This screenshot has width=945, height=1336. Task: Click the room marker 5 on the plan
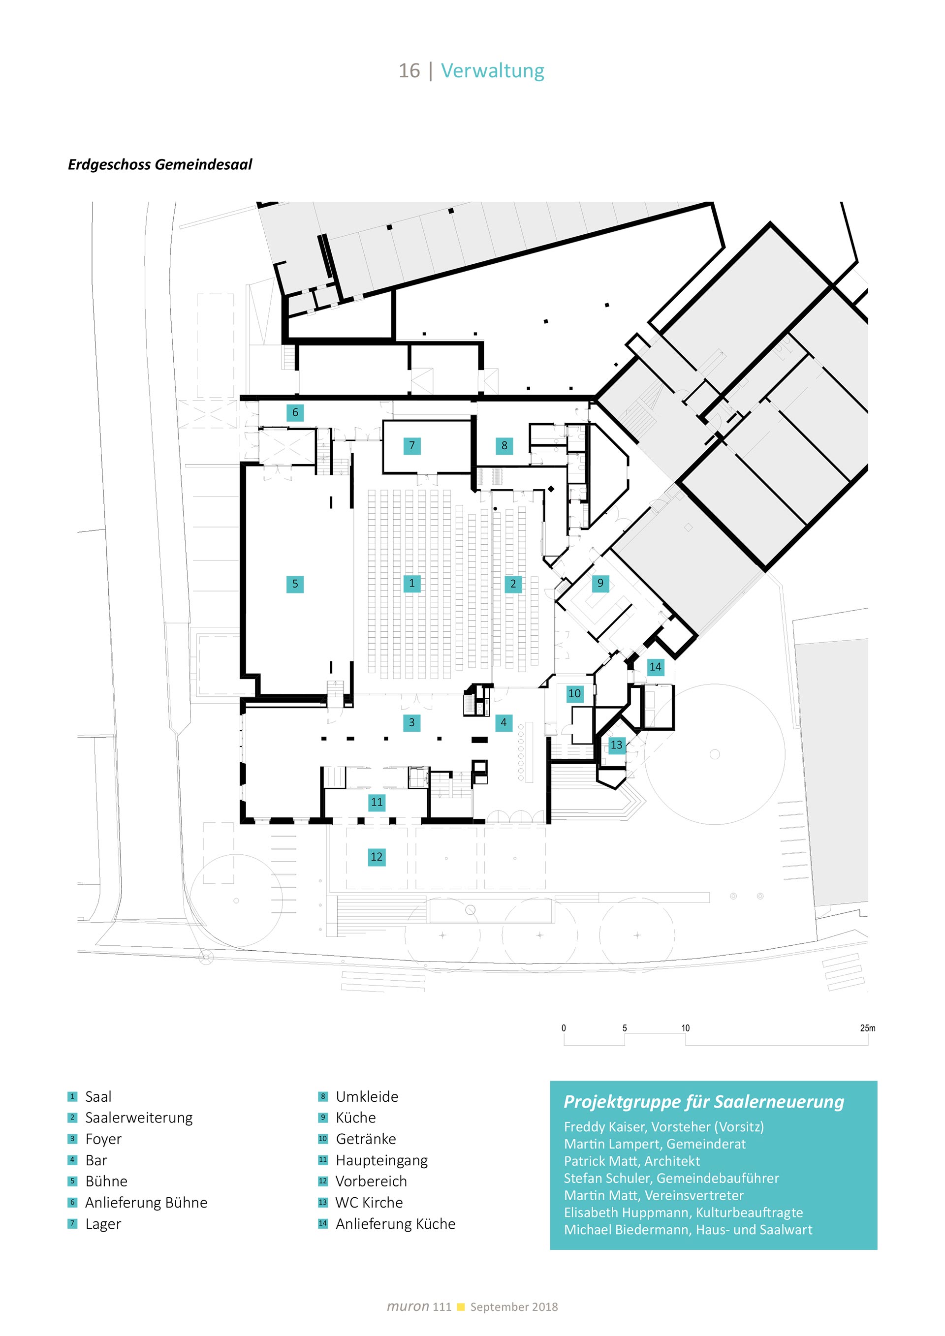[x=295, y=584]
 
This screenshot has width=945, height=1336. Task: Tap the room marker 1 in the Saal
[x=412, y=583]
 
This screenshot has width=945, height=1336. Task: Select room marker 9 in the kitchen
[x=600, y=583]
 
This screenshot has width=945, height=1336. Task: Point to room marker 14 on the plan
[x=655, y=667]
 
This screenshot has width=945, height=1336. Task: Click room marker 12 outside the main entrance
[x=377, y=857]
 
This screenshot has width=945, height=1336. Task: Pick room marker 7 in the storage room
[x=412, y=446]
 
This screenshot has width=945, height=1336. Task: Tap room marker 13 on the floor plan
[x=616, y=745]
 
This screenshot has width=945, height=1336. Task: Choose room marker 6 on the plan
[x=295, y=412]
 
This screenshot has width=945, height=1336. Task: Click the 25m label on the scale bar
[x=867, y=1028]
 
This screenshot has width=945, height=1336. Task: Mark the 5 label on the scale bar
[x=625, y=1028]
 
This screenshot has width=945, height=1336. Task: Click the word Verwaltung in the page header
[x=492, y=70]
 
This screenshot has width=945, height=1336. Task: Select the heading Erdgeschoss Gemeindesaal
[x=160, y=165]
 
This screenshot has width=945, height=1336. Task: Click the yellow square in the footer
[x=461, y=1307]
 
